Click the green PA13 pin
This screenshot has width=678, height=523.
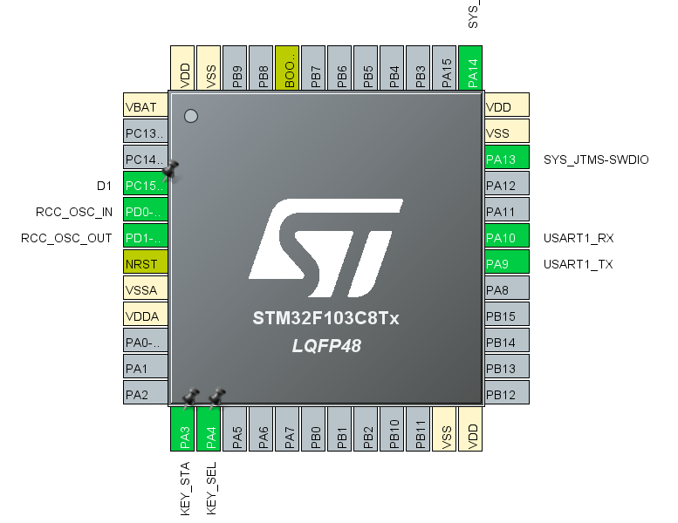point(507,160)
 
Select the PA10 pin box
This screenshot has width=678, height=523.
point(507,238)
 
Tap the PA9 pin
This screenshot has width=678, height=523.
point(507,264)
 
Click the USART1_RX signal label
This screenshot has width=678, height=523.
point(578,238)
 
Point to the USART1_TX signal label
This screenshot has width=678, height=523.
point(578,264)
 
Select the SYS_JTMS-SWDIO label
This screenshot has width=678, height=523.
point(596,160)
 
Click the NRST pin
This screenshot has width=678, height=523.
point(145,264)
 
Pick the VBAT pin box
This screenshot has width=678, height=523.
point(145,107)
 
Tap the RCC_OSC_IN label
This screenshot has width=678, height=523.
point(74,212)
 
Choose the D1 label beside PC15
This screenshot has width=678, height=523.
point(105,186)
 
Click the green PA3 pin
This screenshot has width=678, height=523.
point(185,429)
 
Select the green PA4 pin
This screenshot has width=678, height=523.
point(211,429)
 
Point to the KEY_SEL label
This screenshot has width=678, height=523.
point(211,489)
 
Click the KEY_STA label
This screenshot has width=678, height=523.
point(185,489)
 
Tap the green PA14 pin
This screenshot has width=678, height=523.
point(473,68)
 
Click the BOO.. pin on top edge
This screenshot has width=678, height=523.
point(290,68)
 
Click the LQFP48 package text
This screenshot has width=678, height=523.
point(326,347)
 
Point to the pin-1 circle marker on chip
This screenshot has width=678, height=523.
point(191,116)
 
